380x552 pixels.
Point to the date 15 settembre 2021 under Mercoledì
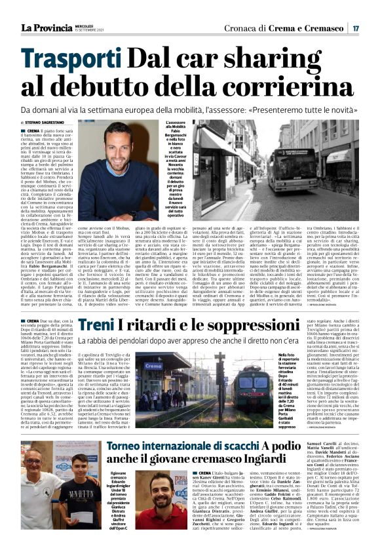tap(88, 30)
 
